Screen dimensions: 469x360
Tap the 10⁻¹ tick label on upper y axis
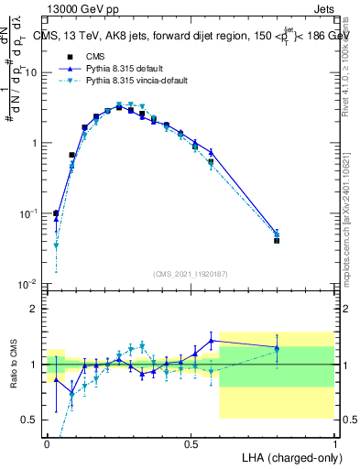tap(30, 213)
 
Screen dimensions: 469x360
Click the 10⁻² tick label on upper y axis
tap(30, 284)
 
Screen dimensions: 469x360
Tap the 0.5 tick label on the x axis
tap(191, 442)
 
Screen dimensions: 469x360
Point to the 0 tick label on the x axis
tap(48, 442)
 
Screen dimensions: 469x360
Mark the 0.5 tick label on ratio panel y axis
tap(31, 420)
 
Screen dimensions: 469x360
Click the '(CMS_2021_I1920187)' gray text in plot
tap(191, 274)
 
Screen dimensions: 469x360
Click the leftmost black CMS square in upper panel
tap(56, 213)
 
